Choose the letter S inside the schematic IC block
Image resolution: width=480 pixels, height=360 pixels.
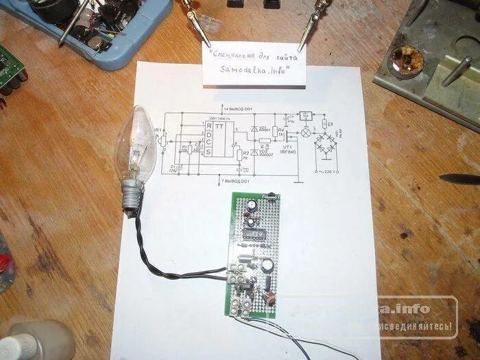point(208,152)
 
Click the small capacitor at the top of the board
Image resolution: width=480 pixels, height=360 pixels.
point(253,206)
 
